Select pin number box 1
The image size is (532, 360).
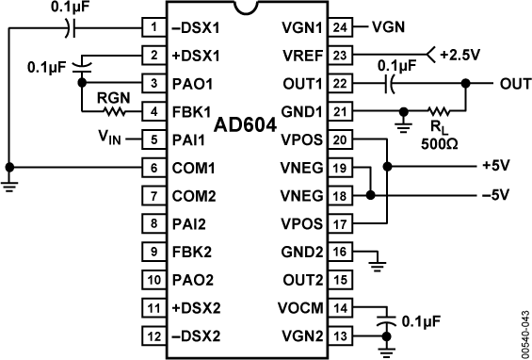153,26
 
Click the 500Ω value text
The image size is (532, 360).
439,143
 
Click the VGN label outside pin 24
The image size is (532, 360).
388,26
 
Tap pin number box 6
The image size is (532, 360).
153,168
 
